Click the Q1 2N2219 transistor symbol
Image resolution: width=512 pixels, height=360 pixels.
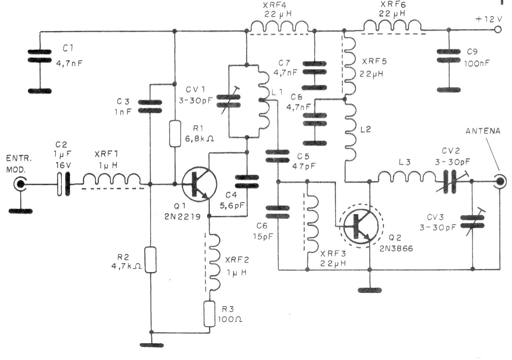(x=199, y=184)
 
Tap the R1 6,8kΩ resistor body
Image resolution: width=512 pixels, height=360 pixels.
(x=175, y=133)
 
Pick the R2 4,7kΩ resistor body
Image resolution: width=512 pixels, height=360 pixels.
(x=151, y=259)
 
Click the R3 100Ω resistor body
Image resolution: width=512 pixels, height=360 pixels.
(x=209, y=314)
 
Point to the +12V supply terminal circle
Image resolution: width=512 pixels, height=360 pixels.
(x=498, y=30)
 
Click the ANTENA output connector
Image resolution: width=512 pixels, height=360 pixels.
(x=500, y=182)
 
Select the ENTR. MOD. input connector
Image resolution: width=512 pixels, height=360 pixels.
(x=20, y=184)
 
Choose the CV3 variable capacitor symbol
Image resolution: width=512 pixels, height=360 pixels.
(x=472, y=222)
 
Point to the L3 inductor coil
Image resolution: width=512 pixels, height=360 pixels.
(x=407, y=177)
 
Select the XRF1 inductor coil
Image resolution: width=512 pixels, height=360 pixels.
(x=112, y=179)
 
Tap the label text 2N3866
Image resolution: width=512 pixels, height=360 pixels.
(x=396, y=248)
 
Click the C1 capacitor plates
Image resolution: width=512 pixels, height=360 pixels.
(x=40, y=56)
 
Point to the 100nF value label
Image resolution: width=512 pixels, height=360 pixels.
(x=477, y=63)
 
